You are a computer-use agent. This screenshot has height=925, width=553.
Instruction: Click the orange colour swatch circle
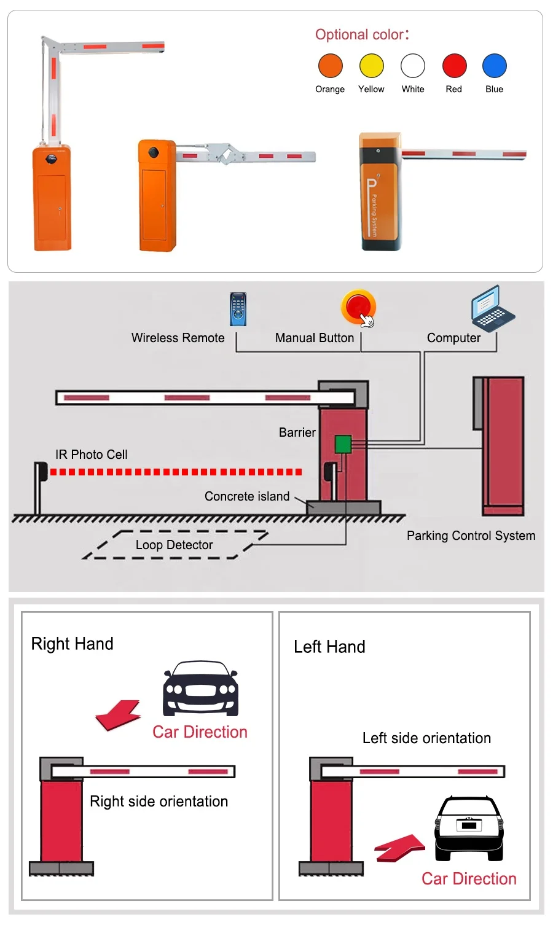tap(330, 66)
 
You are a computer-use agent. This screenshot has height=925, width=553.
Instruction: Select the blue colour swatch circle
tap(494, 66)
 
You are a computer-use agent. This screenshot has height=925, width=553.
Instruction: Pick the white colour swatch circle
tap(412, 66)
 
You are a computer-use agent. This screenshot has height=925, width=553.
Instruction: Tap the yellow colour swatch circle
tap(371, 66)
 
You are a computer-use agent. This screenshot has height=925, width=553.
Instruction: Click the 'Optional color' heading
tap(361, 34)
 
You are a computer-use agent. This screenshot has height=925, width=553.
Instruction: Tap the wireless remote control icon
tap(238, 309)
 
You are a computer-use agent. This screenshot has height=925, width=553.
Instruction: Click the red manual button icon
tap(358, 306)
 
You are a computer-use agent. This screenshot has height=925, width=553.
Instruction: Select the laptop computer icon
tap(492, 308)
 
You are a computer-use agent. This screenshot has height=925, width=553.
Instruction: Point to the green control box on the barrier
tap(343, 444)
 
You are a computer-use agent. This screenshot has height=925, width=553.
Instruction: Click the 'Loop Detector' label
tap(174, 545)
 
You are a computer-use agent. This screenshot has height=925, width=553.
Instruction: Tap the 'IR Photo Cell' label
tap(92, 455)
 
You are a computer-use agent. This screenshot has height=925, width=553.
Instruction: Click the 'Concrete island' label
tap(246, 496)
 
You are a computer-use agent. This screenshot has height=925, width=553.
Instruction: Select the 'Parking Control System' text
tap(471, 536)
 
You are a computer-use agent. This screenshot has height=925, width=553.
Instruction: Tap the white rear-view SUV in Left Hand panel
tap(469, 829)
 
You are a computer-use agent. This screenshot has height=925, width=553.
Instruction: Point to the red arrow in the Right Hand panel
tap(119, 715)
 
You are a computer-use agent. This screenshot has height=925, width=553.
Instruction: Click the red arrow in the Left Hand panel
tap(400, 848)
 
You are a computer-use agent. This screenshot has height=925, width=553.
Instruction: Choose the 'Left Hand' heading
tap(329, 647)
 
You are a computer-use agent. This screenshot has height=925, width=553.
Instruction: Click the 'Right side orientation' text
tap(159, 802)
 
